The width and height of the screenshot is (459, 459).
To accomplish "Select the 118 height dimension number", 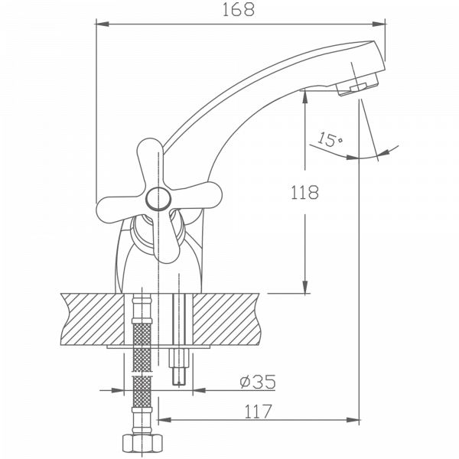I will pyautogui.click(x=306, y=192).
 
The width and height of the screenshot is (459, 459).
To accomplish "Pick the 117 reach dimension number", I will pyautogui.click(x=258, y=411).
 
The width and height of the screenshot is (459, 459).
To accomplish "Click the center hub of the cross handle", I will pyautogui.click(x=158, y=200).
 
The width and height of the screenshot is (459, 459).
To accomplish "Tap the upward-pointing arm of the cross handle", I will pyautogui.click(x=151, y=158).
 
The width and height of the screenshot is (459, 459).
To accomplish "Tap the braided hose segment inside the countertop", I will pyautogui.click(x=140, y=321).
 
